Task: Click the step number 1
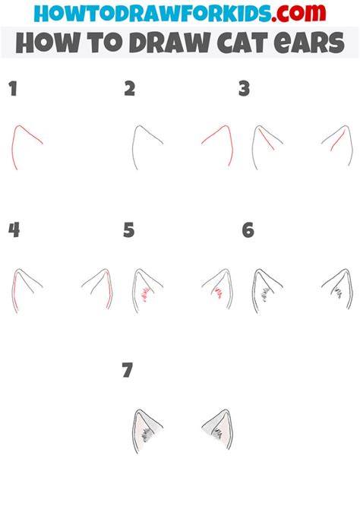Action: point(13,89)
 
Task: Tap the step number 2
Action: point(130,89)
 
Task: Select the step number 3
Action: point(244,89)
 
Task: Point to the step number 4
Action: point(14,230)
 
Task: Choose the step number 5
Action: point(129,230)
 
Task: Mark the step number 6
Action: point(248,230)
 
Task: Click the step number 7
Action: point(128,370)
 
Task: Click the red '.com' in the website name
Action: point(298,13)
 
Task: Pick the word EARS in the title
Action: point(309,43)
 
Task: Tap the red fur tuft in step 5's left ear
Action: point(144,294)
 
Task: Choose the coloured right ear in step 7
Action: point(218,428)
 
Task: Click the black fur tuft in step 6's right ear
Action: point(338,292)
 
